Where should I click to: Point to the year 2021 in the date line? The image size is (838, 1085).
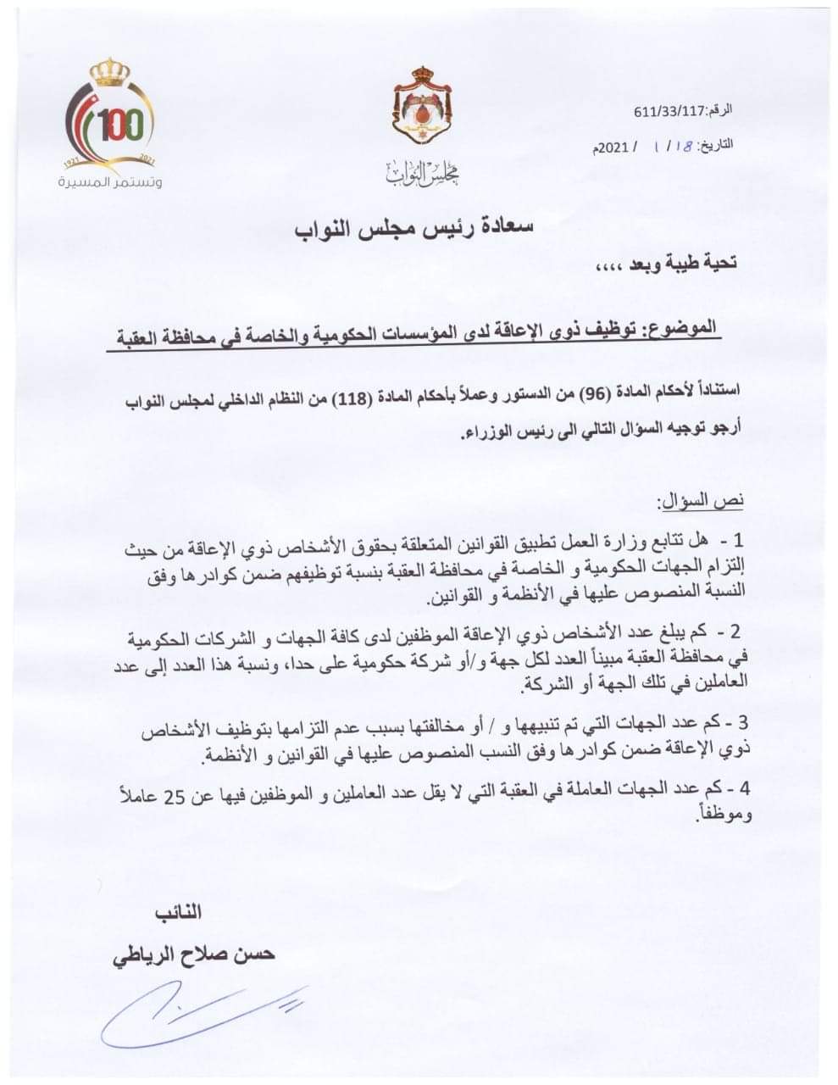click(615, 146)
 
